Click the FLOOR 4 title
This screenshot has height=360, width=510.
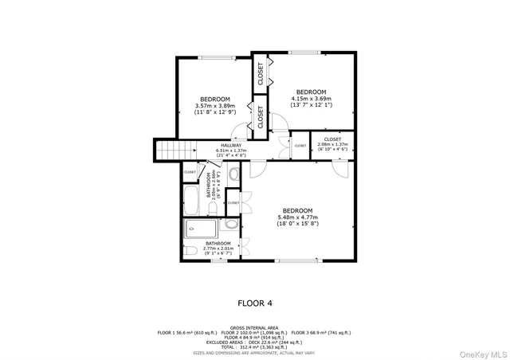point(255,303)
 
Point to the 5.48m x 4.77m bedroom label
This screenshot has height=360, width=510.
point(297,217)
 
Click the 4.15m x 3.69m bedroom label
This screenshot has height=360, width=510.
point(312,98)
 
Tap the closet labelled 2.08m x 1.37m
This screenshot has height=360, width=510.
point(333,144)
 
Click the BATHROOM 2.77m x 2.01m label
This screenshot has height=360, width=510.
point(218,247)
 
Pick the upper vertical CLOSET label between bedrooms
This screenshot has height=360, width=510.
point(261,74)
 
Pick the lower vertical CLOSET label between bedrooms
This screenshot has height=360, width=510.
point(261,116)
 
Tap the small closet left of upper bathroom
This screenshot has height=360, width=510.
point(190,172)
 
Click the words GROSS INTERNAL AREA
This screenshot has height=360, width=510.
point(255,327)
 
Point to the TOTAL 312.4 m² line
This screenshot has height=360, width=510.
point(255,346)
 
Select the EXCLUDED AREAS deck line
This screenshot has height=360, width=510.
point(255,342)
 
